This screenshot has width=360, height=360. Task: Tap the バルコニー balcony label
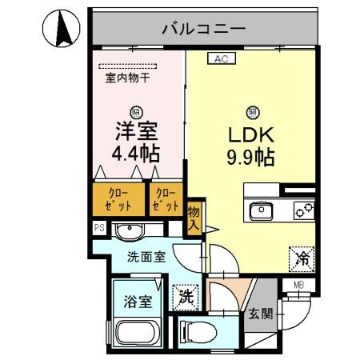pos(203,30)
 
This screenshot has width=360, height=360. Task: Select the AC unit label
pos(222,58)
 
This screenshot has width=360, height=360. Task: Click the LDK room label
pos(253,134)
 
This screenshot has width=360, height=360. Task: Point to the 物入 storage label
pos(194,218)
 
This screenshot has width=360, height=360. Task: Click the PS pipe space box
pos(99,228)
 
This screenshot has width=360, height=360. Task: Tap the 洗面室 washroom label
pos(146,257)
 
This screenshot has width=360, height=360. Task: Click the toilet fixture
pos(199,330)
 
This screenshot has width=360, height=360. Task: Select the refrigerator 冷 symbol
pos(301,258)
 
